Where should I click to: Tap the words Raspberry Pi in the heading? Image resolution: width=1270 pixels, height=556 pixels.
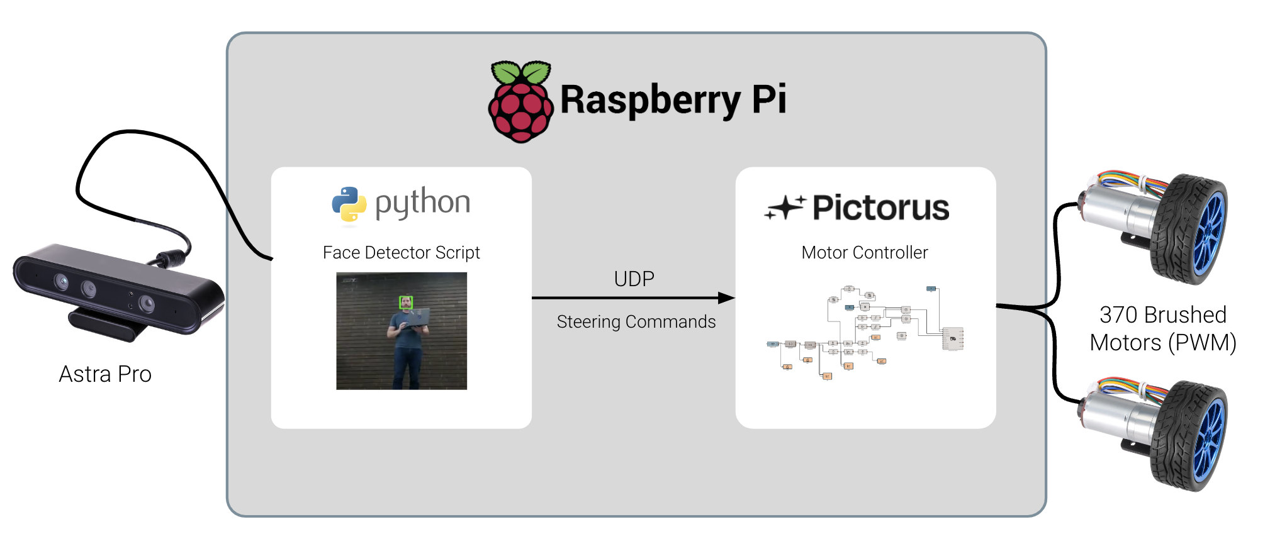click(x=673, y=100)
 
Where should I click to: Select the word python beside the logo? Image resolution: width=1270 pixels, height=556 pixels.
click(x=422, y=203)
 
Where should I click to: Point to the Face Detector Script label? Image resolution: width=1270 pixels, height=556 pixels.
click(x=401, y=253)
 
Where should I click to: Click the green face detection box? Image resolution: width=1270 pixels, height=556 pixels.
click(x=406, y=303)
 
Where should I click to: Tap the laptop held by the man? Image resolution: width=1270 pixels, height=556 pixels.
click(x=416, y=318)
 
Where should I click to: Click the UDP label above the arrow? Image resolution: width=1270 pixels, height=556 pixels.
click(x=634, y=279)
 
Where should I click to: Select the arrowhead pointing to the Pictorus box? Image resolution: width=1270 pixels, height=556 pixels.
click(x=726, y=298)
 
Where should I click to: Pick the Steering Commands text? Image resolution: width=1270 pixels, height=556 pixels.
click(x=636, y=322)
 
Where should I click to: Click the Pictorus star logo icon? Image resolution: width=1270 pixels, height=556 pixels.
click(x=784, y=208)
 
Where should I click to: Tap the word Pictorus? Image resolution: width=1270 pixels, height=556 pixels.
click(x=880, y=208)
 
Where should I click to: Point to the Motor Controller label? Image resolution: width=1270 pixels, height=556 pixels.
click(x=864, y=253)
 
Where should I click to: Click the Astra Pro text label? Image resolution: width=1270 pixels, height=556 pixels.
click(x=105, y=374)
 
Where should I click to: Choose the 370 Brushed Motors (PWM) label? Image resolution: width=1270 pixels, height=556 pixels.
click(x=1162, y=328)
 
